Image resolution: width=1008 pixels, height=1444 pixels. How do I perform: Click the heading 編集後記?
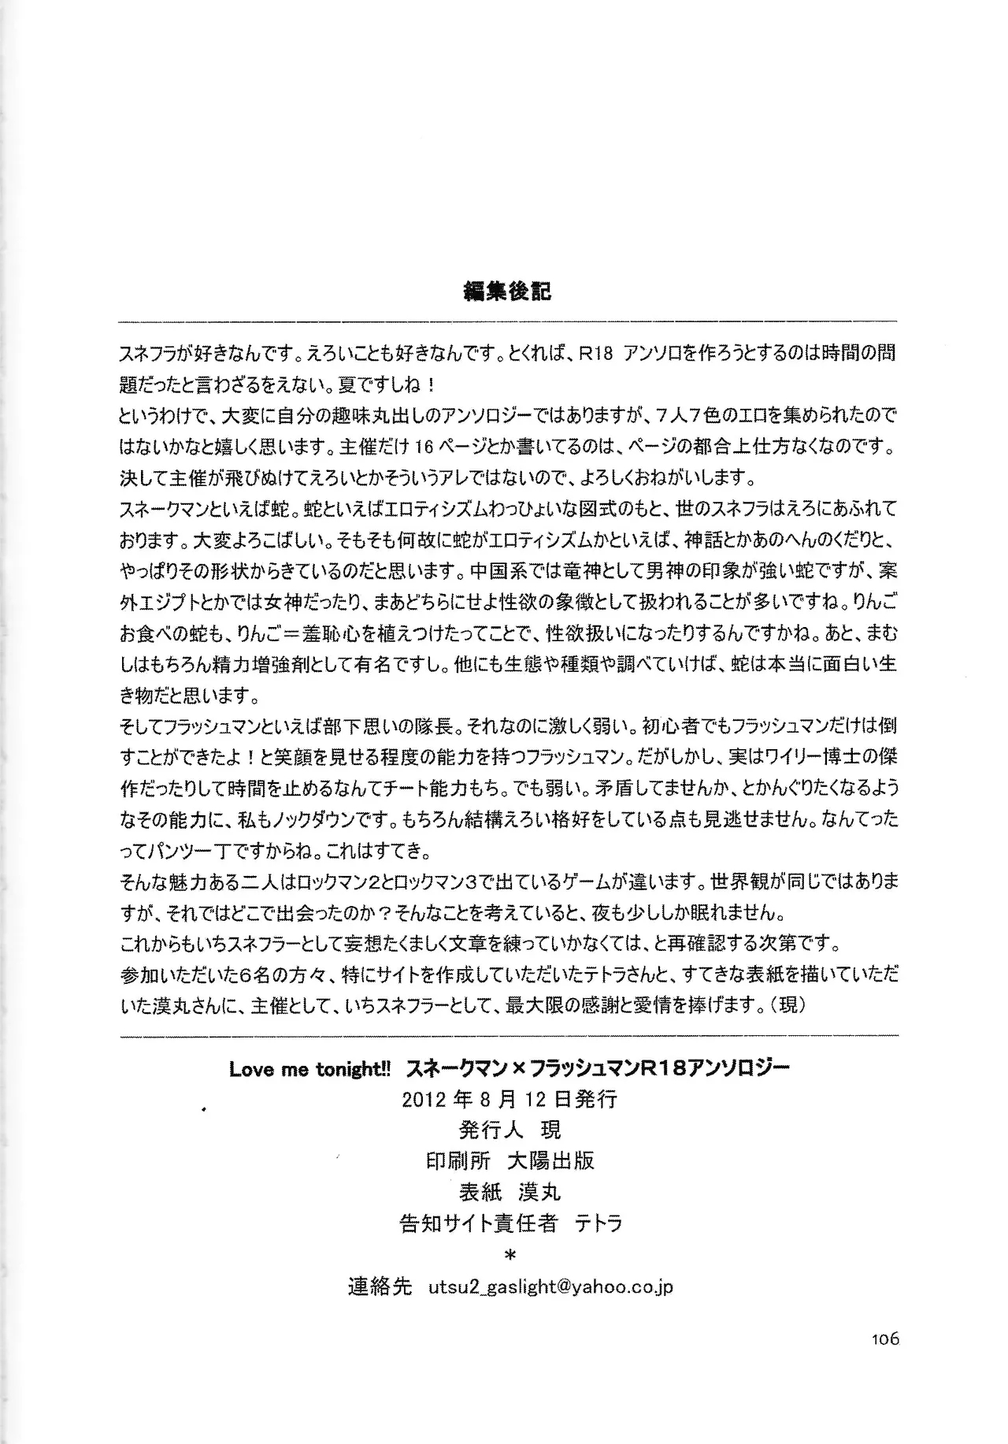pyautogui.click(x=507, y=291)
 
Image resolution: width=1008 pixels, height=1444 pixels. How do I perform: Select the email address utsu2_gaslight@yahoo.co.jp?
pyautogui.click(x=550, y=1287)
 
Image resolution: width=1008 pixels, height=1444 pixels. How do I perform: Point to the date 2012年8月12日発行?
pyautogui.click(x=509, y=1100)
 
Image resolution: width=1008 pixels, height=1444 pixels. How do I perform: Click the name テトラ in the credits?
pyautogui.click(x=598, y=1223)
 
